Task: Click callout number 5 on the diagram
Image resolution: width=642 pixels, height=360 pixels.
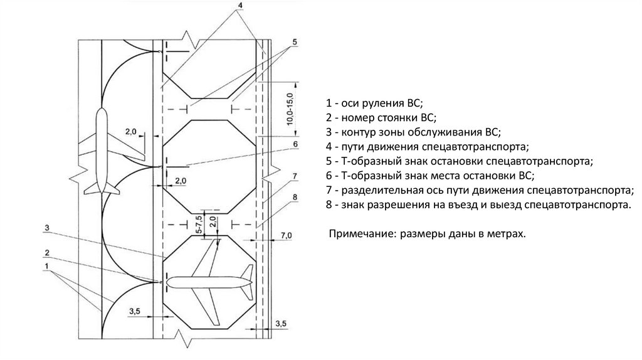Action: (x=294, y=42)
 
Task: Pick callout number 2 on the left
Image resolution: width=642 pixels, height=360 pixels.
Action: (x=47, y=251)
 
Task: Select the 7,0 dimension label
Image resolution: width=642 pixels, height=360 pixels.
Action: (x=286, y=235)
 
